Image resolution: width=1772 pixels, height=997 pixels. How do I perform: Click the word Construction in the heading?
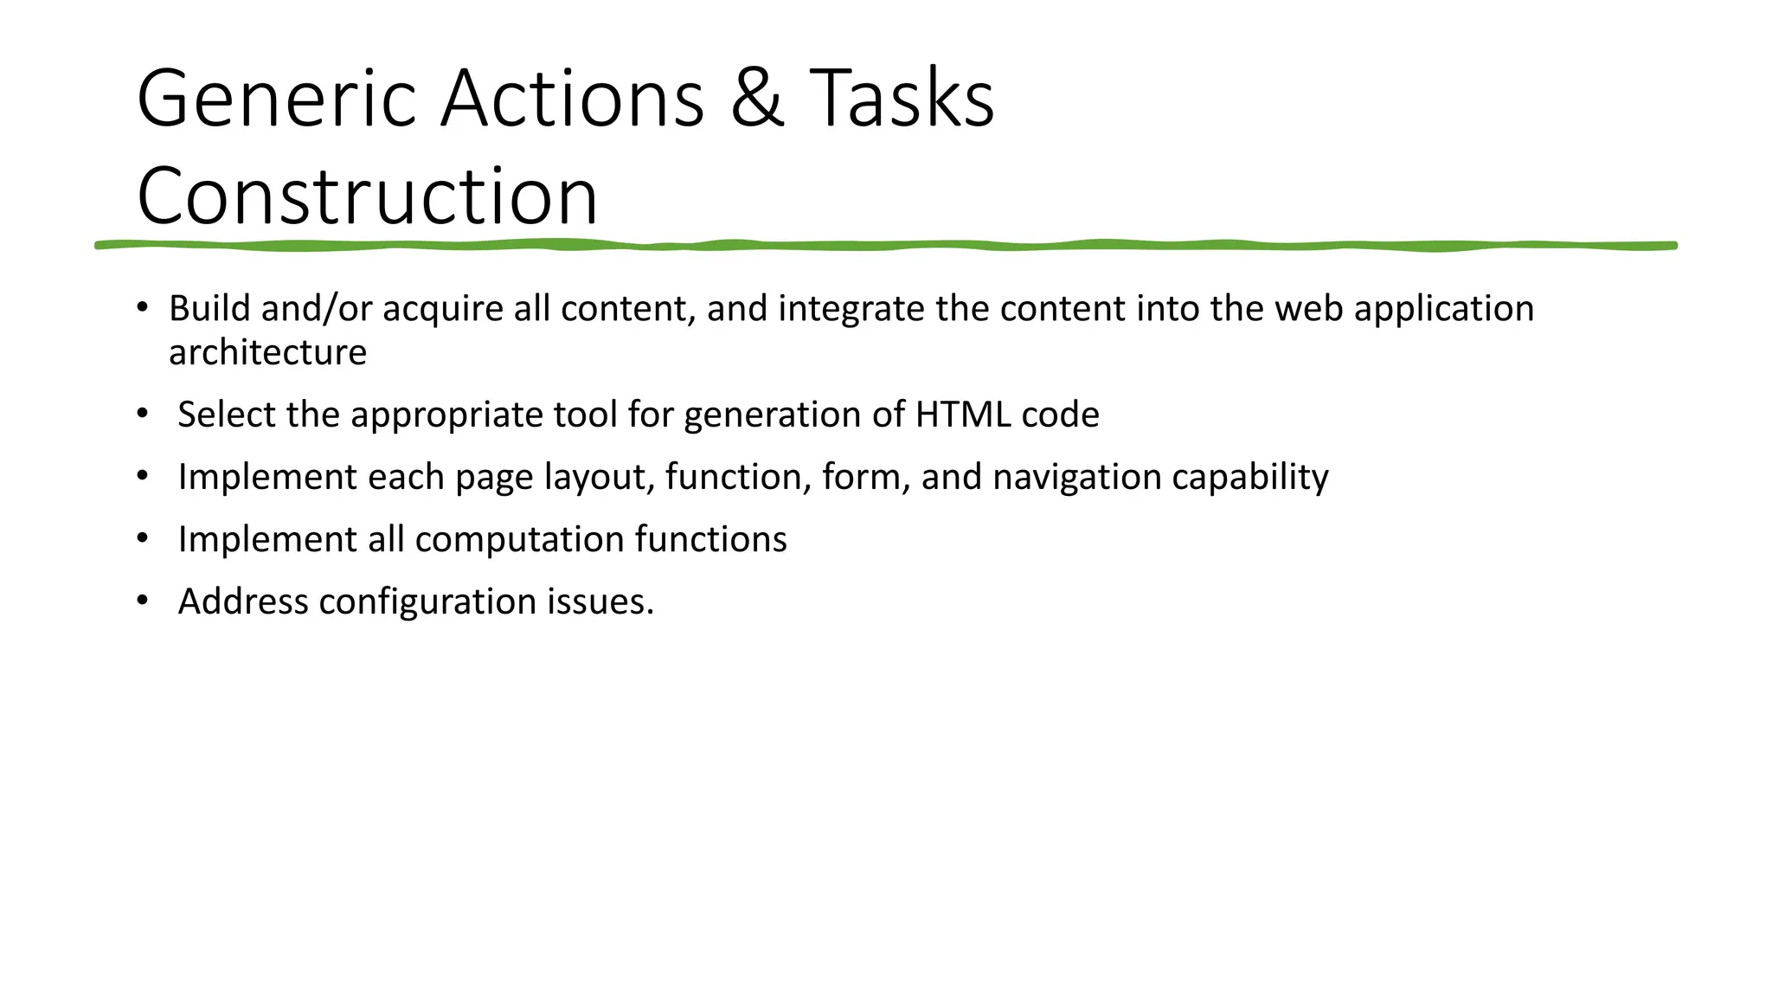click(367, 196)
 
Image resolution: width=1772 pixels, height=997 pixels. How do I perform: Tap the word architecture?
click(267, 353)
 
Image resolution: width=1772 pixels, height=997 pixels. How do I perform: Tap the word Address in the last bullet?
click(243, 601)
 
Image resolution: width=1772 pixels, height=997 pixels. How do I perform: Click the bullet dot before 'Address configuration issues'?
click(142, 600)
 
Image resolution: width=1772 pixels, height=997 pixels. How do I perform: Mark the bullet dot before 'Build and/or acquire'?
click(142, 307)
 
